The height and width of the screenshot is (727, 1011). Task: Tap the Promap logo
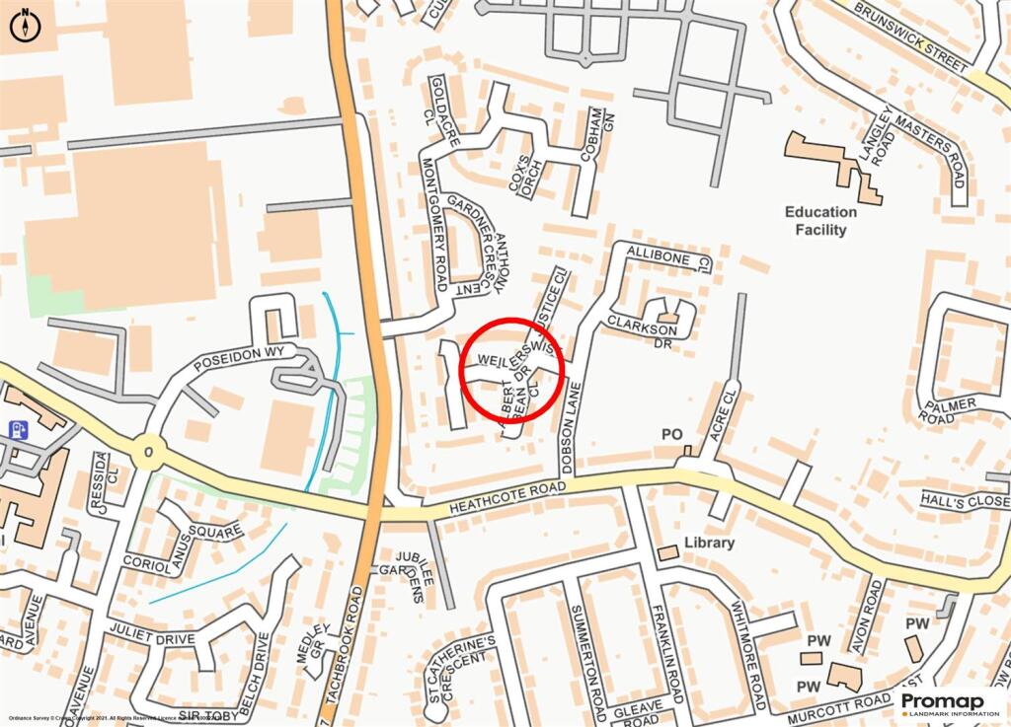(x=948, y=703)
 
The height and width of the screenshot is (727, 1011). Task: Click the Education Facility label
(x=820, y=221)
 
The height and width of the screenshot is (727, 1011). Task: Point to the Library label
(x=709, y=543)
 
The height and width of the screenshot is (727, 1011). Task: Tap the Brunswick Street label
(x=911, y=36)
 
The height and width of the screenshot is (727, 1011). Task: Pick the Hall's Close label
(x=966, y=501)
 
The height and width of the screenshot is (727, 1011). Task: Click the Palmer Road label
(x=949, y=410)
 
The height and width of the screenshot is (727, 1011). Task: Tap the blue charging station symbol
(x=17, y=430)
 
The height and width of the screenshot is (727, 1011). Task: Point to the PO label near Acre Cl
(x=672, y=434)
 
